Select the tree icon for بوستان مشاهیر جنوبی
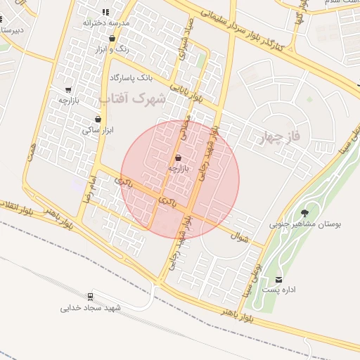coord(304,213)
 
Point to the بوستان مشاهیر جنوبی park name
coord(304,225)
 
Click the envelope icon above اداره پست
coord(279,279)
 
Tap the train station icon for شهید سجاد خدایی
coord(90,297)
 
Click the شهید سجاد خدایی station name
coord(91,308)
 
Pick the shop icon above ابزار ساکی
coord(98,120)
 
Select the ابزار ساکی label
coord(98,130)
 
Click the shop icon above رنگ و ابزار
coord(112,38)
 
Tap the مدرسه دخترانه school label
coord(106,23)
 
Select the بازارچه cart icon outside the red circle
coord(68,90)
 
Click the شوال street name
coord(240,238)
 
